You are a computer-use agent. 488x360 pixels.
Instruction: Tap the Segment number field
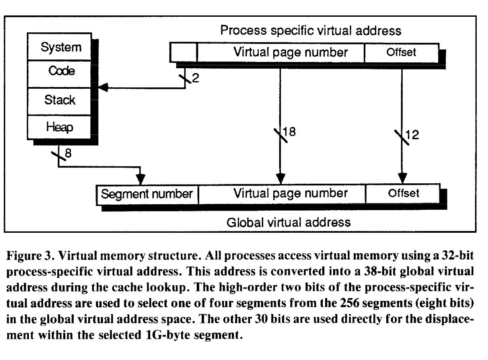point(147,194)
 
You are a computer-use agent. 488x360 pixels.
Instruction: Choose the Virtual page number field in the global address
point(281,194)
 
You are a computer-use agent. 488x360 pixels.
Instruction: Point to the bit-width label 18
point(290,132)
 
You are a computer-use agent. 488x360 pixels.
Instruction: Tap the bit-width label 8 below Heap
point(69,154)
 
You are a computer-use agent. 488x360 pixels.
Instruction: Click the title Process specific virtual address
point(311,31)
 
